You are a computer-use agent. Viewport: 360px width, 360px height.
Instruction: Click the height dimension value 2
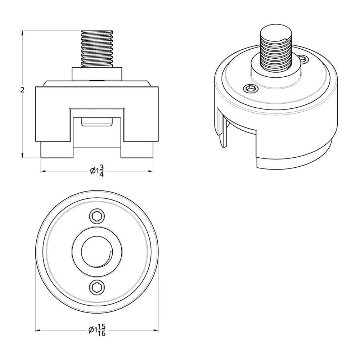coord(22,90)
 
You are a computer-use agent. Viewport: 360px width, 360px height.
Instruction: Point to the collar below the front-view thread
coord(98,73)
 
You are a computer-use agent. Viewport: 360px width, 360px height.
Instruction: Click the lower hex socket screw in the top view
coord(97,287)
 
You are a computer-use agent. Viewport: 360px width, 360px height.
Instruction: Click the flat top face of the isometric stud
coord(275,34)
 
